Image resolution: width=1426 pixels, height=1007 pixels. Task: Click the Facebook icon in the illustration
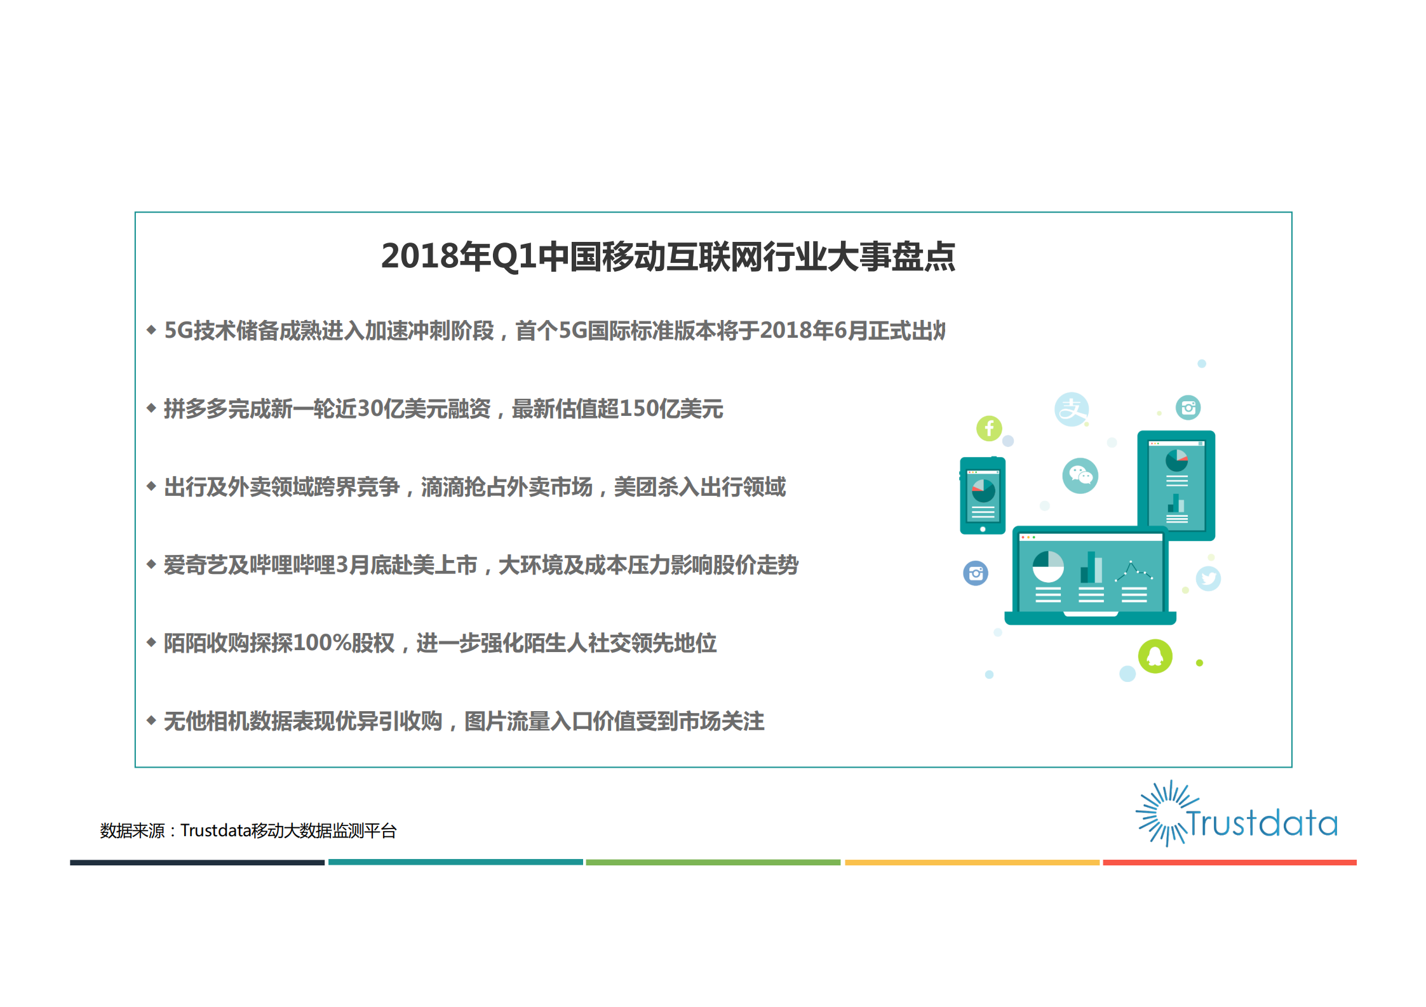click(989, 429)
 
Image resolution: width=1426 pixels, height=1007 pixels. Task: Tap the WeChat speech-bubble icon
click(1080, 476)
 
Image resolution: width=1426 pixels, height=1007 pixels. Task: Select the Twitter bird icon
click(1208, 578)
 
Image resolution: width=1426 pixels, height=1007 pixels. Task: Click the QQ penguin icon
click(1155, 656)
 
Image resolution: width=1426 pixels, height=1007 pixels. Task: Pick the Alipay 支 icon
click(1072, 410)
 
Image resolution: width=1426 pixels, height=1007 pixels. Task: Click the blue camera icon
click(976, 573)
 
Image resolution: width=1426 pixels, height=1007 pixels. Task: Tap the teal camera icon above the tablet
click(1188, 408)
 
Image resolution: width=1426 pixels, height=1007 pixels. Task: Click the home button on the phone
click(983, 529)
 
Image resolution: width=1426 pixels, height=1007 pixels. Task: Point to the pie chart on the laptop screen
click(1048, 566)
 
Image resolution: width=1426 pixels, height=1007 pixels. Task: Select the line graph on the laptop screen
click(1133, 571)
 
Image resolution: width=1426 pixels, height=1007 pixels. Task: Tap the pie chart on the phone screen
click(983, 490)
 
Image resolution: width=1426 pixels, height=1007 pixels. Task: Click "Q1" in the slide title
click(514, 257)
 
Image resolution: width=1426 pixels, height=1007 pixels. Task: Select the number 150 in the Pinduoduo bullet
click(638, 409)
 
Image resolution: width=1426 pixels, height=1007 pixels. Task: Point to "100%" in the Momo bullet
click(321, 643)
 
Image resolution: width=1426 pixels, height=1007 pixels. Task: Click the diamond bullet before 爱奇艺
click(151, 564)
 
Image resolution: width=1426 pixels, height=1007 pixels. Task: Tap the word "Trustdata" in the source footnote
click(215, 830)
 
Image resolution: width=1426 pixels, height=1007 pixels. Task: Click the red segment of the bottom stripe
click(1229, 862)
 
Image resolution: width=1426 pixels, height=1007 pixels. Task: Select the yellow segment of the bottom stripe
click(972, 862)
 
